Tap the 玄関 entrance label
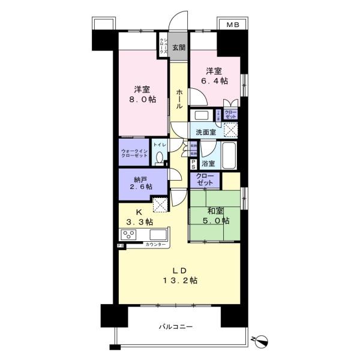tap(178, 48)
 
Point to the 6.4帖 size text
tap(216, 80)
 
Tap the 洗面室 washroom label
tap(206, 132)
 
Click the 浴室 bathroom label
tap(208, 163)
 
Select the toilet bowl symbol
tap(159, 158)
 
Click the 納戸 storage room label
tap(140, 178)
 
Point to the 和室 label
tap(216, 211)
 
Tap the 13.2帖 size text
tap(178, 280)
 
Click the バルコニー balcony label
tap(176, 327)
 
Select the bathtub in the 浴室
tap(229, 157)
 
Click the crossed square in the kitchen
tap(160, 205)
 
